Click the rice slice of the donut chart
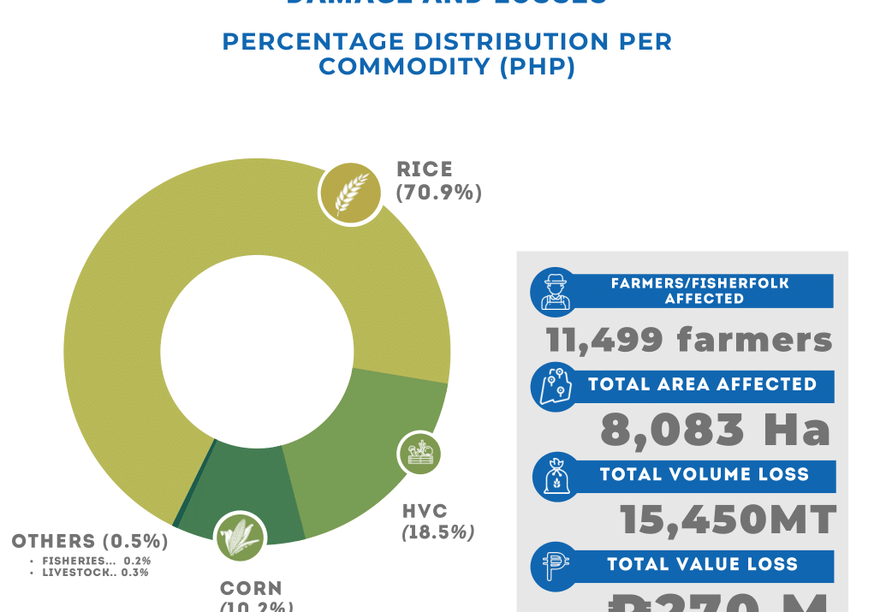(128, 282)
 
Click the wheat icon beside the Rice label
(351, 193)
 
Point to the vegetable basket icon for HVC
(419, 454)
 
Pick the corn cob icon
(240, 538)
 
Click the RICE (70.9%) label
(438, 181)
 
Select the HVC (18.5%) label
(437, 522)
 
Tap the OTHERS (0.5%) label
(90, 542)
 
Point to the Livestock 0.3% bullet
(95, 573)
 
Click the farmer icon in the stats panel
(555, 292)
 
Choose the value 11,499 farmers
(689, 340)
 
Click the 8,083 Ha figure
(716, 430)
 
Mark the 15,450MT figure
(728, 520)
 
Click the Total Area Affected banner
(703, 385)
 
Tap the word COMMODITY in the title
(405, 67)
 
